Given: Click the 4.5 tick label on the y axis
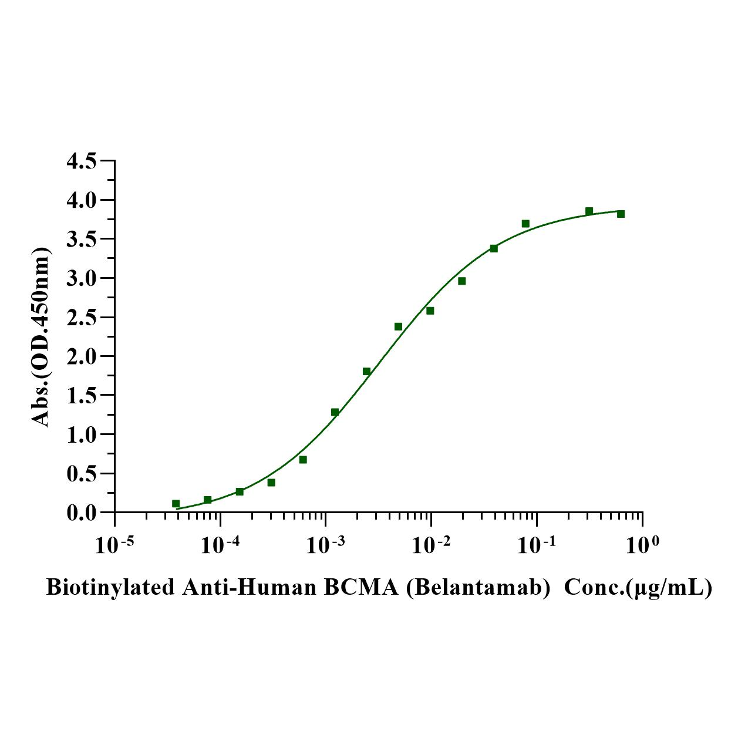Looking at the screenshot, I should point(83,161).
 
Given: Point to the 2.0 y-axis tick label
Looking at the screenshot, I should point(83,356).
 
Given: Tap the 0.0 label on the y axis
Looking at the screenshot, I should point(83,513).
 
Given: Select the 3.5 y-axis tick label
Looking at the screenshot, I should point(83,239).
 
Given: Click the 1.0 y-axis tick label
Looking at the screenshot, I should point(83,434).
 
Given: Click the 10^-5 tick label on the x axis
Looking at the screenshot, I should point(114,545).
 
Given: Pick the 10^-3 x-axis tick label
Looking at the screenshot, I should point(325,545).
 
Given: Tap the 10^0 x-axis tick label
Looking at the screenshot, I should point(642,545).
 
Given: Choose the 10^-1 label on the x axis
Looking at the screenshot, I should point(536,545).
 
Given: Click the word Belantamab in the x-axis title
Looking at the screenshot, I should point(477,587).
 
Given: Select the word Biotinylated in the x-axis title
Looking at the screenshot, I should point(110,587).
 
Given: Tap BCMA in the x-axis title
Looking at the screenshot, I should point(361,587).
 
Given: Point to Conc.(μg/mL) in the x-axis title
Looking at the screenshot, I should point(638,587).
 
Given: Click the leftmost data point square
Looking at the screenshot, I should point(176,504).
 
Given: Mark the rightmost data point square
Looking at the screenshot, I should point(621,214).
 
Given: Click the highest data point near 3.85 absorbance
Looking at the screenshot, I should point(589,211).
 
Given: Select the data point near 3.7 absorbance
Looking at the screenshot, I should point(525,224).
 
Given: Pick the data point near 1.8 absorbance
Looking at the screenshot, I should point(366,371).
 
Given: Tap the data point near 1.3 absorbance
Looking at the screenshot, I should point(335,412).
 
